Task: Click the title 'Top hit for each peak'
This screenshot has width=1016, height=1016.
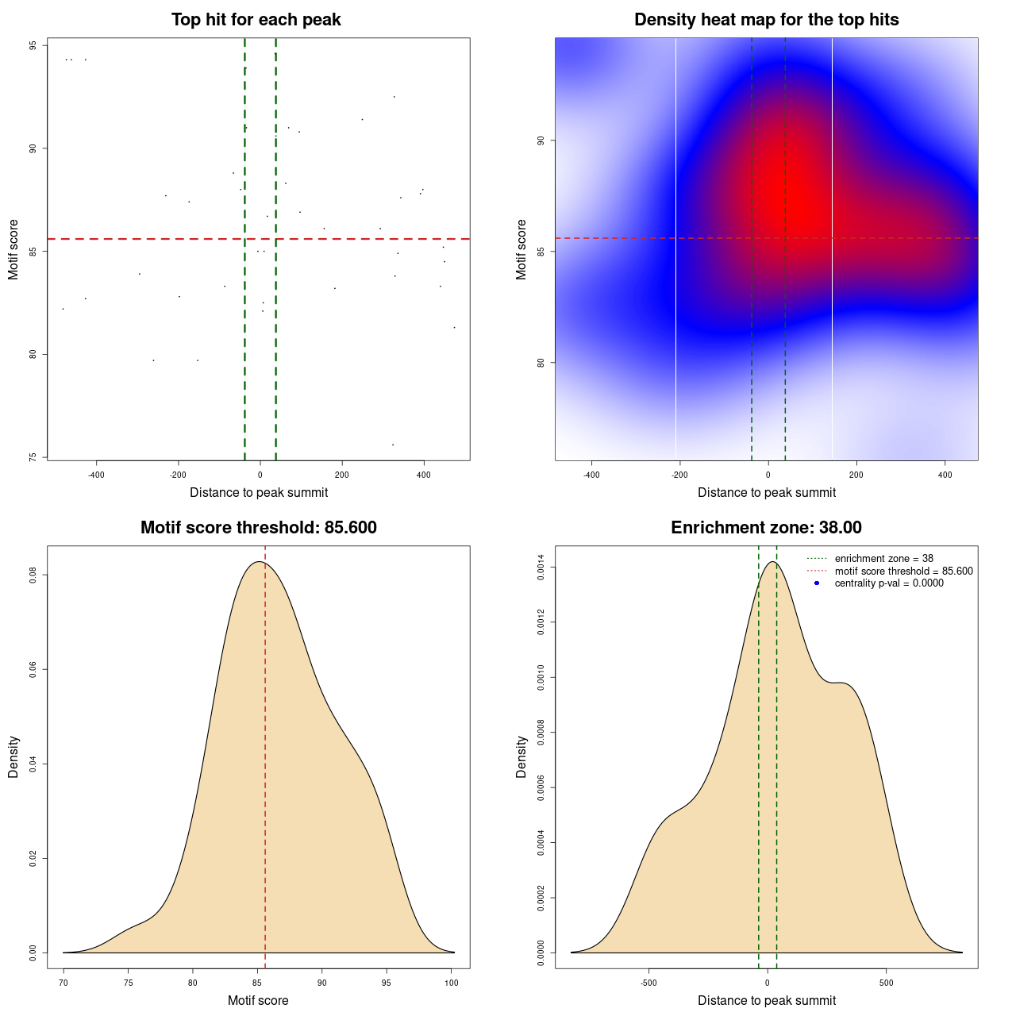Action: (256, 20)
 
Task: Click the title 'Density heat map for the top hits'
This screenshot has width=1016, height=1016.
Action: (766, 20)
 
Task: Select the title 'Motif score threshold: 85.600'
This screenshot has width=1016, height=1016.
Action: (258, 528)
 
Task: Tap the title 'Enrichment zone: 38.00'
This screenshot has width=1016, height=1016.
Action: (766, 528)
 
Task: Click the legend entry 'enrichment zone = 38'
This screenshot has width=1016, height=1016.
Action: (883, 559)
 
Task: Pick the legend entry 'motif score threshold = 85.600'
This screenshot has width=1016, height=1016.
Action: (903, 571)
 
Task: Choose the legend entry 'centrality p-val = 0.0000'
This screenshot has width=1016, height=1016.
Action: (889, 583)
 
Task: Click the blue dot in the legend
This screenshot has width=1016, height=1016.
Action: (817, 583)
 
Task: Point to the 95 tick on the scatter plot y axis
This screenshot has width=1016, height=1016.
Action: (33, 45)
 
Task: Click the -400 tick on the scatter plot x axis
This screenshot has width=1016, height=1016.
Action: (96, 475)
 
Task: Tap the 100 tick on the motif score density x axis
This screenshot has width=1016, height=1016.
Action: (451, 983)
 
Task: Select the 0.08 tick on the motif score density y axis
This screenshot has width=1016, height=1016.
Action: (33, 575)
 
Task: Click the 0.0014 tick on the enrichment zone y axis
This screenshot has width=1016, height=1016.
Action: (541, 568)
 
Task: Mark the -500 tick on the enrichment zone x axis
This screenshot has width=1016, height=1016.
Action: (648, 983)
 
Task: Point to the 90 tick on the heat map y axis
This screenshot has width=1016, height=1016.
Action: (541, 140)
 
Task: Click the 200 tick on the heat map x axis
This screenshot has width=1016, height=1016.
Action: (856, 475)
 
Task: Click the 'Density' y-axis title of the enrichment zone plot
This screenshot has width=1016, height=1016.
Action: (521, 756)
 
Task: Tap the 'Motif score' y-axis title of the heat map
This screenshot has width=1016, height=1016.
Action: (521, 249)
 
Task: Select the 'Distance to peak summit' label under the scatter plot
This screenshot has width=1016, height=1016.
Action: (259, 493)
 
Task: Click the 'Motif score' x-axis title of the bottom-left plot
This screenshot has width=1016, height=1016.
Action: (258, 1001)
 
